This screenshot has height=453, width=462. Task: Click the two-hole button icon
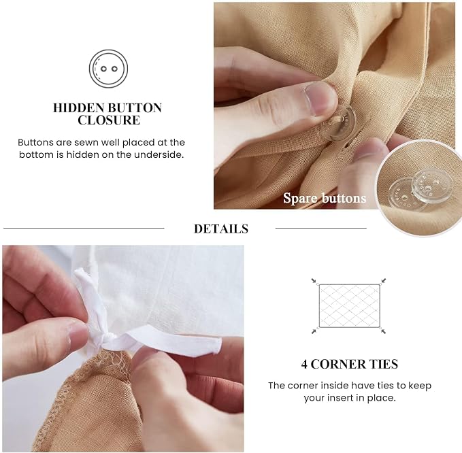[108, 69]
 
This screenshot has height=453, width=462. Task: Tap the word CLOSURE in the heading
[109, 120]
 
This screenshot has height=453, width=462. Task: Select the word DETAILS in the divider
[221, 229]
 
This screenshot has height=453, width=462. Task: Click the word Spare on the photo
[300, 198]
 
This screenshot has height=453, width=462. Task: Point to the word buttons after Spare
[344, 198]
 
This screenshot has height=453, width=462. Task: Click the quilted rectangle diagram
[350, 305]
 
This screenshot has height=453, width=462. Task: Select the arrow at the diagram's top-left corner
[314, 281]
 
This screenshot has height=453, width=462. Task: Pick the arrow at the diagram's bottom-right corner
[383, 331]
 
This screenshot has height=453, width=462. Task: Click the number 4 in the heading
[304, 365]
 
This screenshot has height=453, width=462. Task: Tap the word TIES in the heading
[384, 365]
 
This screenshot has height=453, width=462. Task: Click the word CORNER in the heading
[339, 365]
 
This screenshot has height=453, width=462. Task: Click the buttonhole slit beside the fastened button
[349, 144]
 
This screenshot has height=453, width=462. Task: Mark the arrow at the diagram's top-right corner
[383, 281]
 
